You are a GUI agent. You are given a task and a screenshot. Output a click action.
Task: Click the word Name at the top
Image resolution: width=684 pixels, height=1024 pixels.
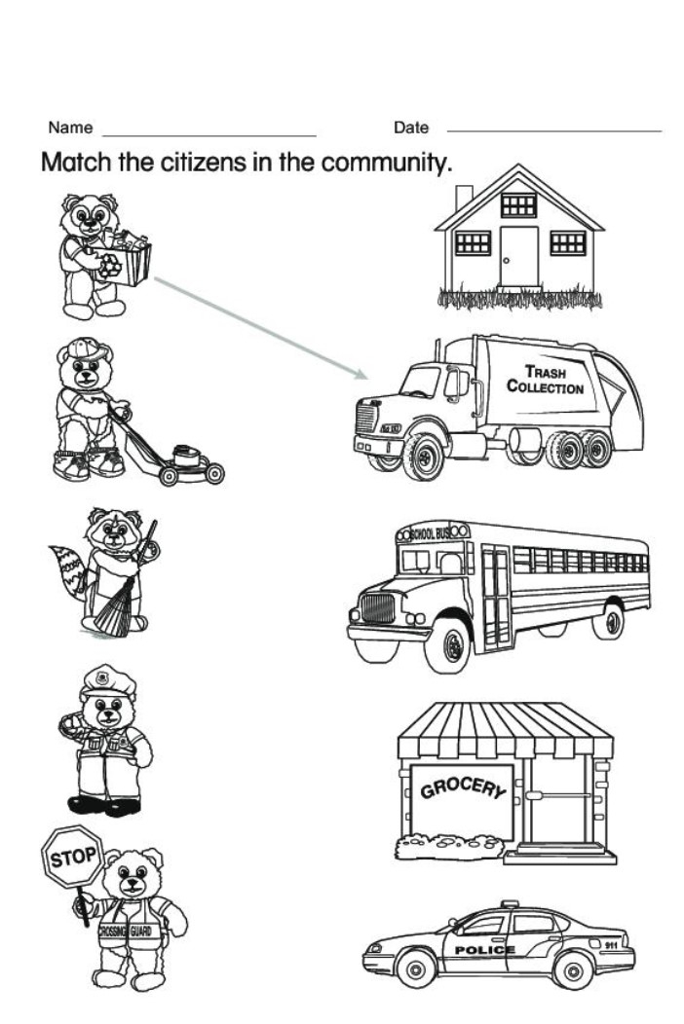70,128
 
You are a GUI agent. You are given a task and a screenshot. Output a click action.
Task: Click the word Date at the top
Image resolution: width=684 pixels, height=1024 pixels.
410,128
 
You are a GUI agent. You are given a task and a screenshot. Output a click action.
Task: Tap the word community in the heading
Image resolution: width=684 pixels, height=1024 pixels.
387,161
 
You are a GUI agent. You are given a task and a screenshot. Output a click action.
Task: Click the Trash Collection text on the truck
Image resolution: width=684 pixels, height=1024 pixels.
545,380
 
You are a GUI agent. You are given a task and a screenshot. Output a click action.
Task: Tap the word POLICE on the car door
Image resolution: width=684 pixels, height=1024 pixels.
484,949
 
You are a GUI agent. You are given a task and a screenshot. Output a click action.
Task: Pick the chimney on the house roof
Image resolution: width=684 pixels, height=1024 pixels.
464,198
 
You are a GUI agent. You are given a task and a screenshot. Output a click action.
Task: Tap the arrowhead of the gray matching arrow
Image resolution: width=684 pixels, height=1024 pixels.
363,376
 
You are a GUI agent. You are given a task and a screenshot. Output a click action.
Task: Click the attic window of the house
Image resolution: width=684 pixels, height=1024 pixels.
518,204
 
